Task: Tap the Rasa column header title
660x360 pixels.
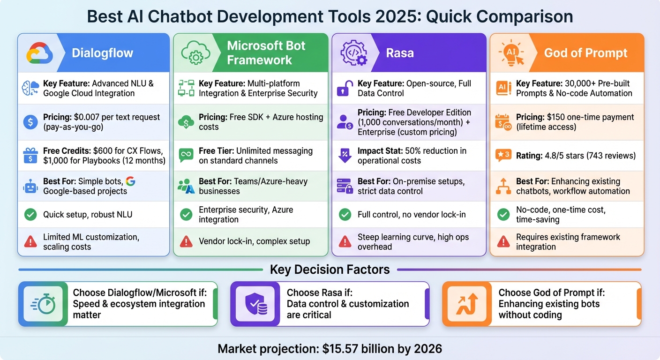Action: (x=400, y=53)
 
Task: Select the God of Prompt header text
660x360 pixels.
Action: (x=585, y=53)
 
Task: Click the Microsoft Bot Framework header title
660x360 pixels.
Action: (x=266, y=53)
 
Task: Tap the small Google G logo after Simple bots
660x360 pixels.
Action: (x=131, y=181)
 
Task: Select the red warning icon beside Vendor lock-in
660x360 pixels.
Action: (x=186, y=241)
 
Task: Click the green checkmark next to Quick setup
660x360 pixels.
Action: (x=30, y=215)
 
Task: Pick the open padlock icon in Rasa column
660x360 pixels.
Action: (x=345, y=88)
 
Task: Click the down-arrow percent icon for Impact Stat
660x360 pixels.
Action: (x=345, y=156)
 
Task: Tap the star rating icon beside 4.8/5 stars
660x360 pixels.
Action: (x=503, y=156)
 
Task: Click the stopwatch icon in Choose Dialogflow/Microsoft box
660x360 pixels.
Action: (x=43, y=304)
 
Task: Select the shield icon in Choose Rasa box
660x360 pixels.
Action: (x=255, y=304)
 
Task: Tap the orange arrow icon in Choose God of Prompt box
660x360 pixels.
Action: (x=467, y=304)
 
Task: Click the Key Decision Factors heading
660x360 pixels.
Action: (x=330, y=270)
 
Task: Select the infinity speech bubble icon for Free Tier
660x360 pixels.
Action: (x=186, y=156)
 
